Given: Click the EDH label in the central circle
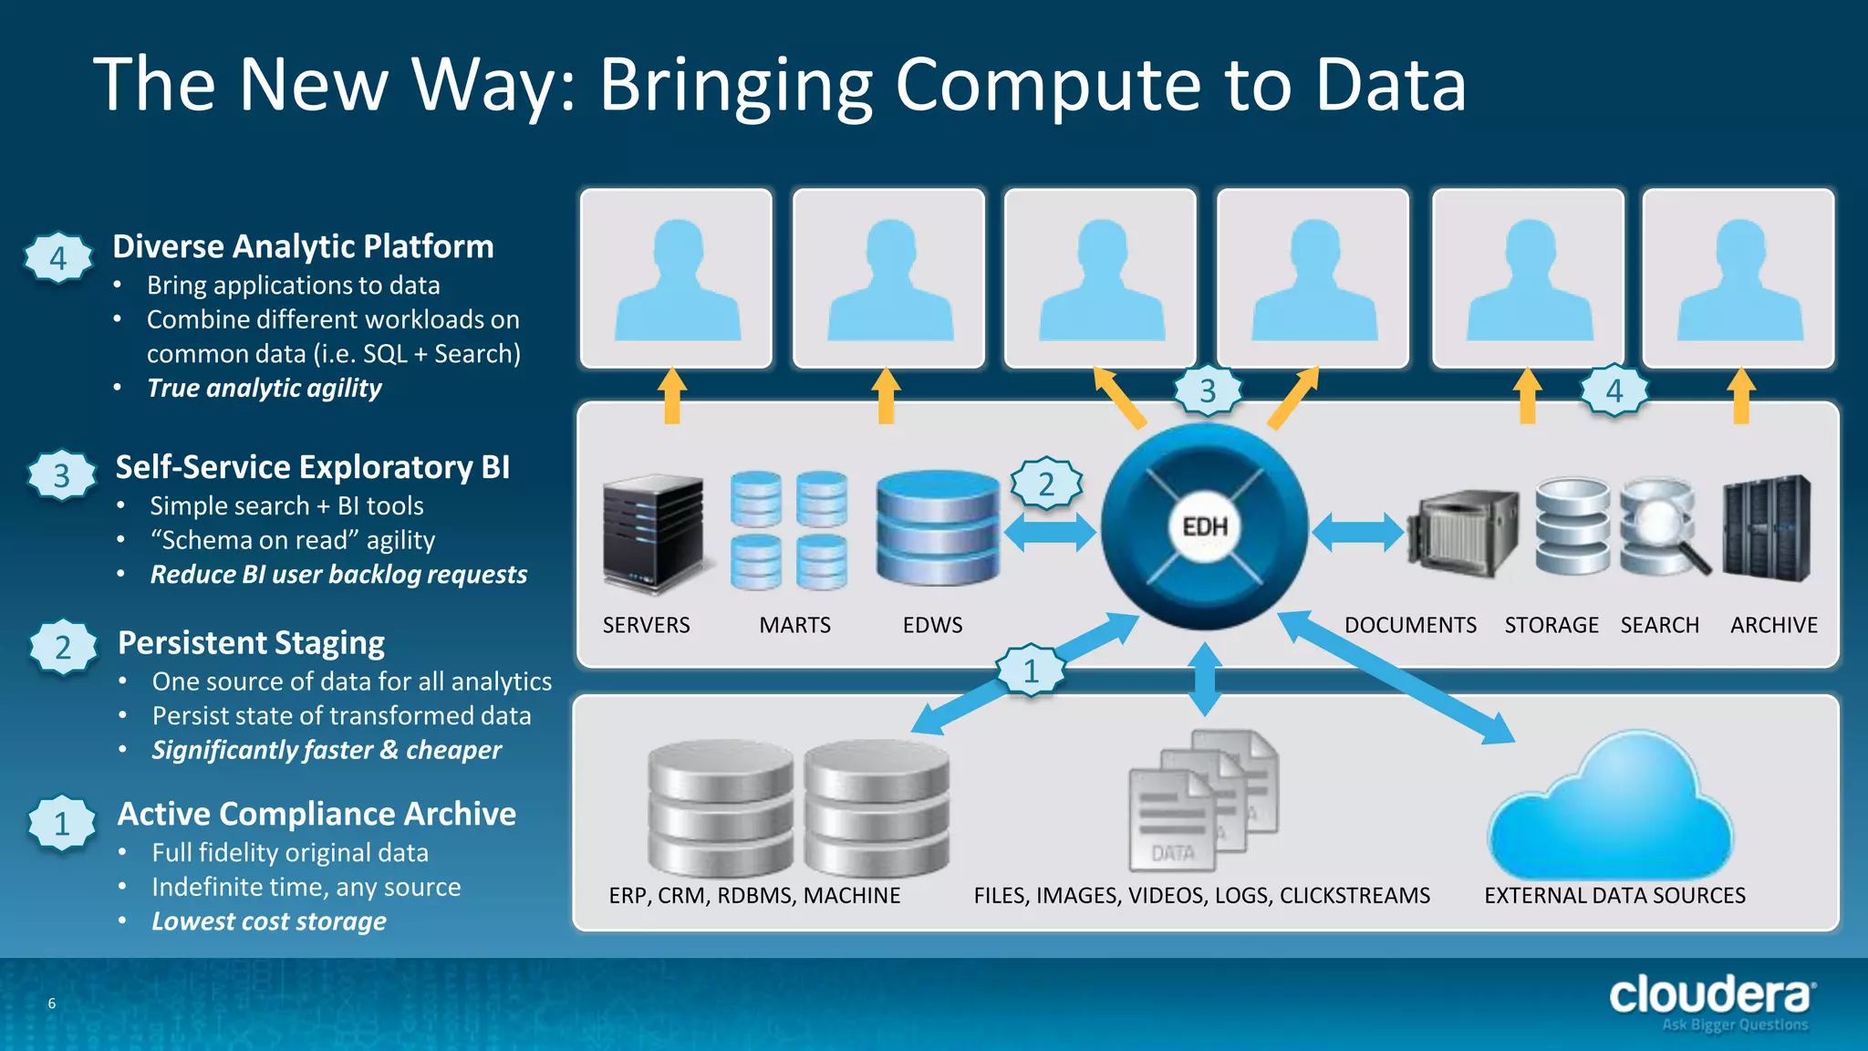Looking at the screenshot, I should pyautogui.click(x=1205, y=527).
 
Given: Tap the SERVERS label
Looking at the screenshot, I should pyautogui.click(x=646, y=625).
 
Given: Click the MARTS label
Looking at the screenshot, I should pyautogui.click(x=794, y=625).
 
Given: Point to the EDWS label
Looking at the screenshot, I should pyautogui.click(x=932, y=625).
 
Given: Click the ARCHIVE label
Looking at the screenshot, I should pyautogui.click(x=1773, y=625).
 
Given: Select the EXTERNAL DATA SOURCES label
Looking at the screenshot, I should pyautogui.click(x=1614, y=895).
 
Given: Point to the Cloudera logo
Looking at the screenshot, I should pyautogui.click(x=1711, y=996).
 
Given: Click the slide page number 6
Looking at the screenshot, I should pyautogui.click(x=52, y=1004).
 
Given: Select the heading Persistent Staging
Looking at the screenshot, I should pyautogui.click(x=251, y=643).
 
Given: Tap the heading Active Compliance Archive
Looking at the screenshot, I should pyautogui.click(x=317, y=814).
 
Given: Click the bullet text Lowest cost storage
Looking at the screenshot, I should pyautogui.click(x=269, y=921).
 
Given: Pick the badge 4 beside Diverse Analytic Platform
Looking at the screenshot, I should pyautogui.click(x=58, y=258).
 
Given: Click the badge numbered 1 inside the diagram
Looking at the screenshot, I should pyautogui.click(x=1031, y=671).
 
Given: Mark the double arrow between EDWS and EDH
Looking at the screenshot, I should pyautogui.click(x=1050, y=532).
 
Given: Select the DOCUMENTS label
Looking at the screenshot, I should pyautogui.click(x=1410, y=625).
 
